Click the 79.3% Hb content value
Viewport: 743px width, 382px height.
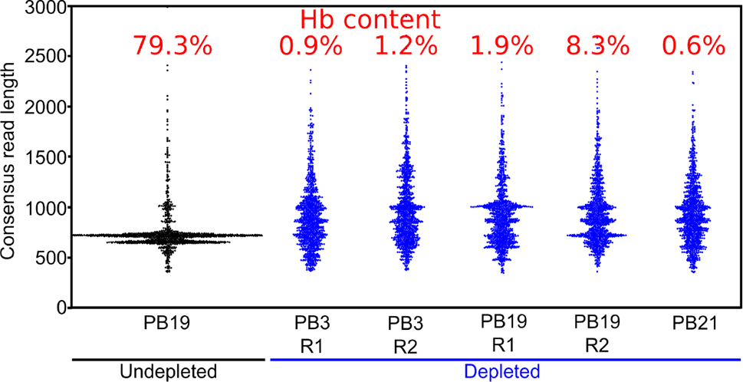(172, 46)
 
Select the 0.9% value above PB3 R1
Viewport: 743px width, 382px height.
(310, 46)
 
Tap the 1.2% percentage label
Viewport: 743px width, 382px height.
(406, 46)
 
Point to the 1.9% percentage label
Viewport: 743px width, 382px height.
(501, 46)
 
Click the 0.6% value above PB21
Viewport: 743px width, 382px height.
(693, 46)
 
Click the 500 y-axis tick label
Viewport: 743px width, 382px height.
(44, 258)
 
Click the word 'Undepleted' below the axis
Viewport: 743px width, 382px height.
(168, 372)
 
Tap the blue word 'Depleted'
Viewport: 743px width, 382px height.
(501, 372)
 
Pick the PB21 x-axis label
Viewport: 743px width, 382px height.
(692, 325)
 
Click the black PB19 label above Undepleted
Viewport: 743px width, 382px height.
(168, 325)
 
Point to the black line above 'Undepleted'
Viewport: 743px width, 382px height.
(168, 357)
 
